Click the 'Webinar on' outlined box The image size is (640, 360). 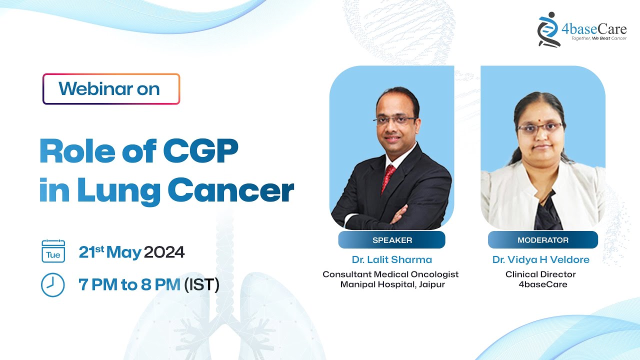click(x=111, y=89)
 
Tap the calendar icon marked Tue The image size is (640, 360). click(x=53, y=251)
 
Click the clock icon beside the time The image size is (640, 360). click(x=52, y=285)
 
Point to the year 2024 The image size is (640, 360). click(x=164, y=252)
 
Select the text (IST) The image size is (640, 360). click(x=201, y=285)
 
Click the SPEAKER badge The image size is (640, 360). click(x=392, y=240)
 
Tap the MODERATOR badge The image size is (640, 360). click(x=542, y=240)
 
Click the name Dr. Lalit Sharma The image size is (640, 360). click(x=391, y=259)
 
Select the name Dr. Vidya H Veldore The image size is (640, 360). click(x=541, y=259)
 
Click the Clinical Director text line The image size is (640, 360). click(x=540, y=274)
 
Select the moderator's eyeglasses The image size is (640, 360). click(x=540, y=127)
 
